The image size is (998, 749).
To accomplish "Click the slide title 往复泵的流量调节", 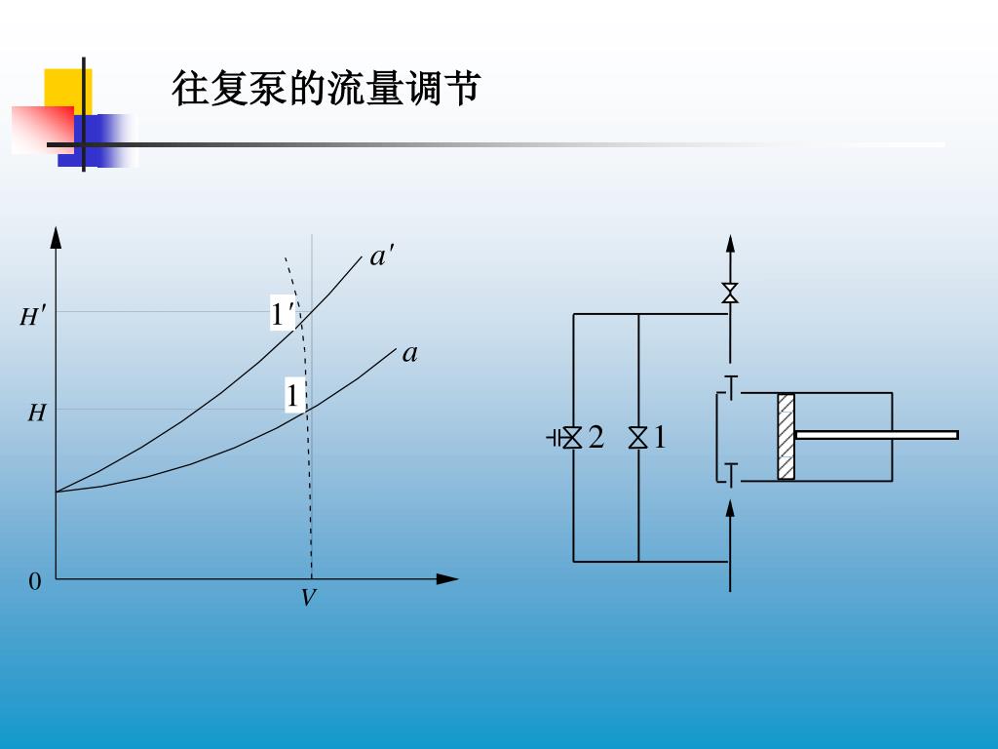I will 326,89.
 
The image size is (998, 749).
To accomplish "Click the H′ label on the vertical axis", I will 33,316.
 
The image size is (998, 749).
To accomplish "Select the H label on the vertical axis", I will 36,414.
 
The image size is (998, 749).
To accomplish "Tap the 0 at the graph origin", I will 35,582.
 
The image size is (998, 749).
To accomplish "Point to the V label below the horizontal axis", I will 308,598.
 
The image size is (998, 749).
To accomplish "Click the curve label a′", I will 381,257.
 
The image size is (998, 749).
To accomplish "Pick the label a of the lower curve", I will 409,353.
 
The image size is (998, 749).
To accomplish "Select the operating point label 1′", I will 282,314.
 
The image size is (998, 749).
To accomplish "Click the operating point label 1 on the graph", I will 291,396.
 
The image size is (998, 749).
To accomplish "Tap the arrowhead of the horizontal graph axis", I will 447,578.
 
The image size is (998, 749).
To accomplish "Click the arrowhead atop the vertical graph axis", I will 56,237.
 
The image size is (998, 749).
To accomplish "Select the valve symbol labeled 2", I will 572,438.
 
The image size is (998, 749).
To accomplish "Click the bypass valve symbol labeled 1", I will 638,438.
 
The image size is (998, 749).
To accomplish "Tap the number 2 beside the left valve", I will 596,438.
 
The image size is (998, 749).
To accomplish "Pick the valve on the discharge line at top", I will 730,293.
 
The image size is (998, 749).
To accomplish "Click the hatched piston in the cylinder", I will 786,436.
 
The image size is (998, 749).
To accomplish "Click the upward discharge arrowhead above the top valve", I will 730,245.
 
